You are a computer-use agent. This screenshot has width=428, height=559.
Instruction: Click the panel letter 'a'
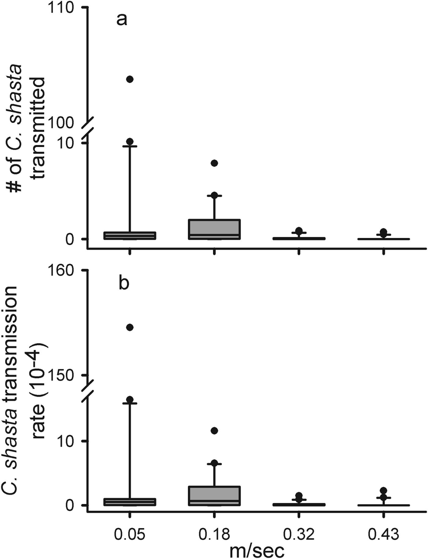[122, 20]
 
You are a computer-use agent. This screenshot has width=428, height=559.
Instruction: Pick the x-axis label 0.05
[130, 534]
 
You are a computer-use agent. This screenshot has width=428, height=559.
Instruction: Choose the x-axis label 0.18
[214, 534]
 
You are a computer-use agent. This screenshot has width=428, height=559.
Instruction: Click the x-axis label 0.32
[299, 534]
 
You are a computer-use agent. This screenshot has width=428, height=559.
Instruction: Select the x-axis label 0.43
[383, 534]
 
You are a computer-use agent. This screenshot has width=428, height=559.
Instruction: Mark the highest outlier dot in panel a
[130, 79]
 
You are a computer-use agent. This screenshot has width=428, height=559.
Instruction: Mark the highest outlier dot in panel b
[130, 327]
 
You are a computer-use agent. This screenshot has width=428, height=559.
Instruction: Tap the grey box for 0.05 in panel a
[130, 236]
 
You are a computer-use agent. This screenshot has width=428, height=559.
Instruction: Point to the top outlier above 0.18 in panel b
[214, 431]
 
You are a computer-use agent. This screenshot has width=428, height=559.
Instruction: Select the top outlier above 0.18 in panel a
[214, 163]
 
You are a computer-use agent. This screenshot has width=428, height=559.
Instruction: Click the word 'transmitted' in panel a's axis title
[39, 128]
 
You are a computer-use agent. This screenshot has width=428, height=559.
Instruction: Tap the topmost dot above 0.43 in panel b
[383, 491]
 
